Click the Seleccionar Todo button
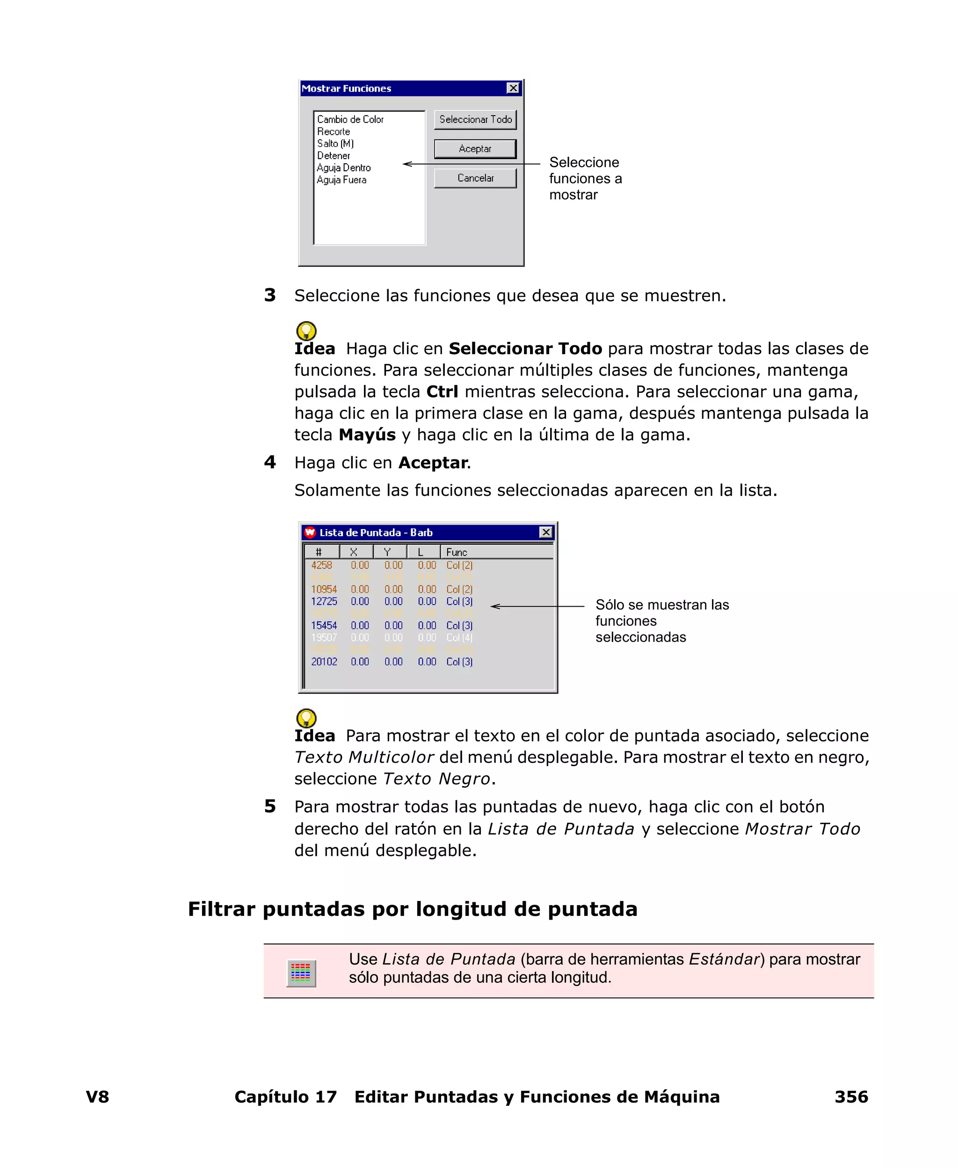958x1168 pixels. [x=475, y=120]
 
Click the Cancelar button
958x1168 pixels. [x=475, y=178]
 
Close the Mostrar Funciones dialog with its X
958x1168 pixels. [x=513, y=88]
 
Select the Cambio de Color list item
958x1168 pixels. [x=350, y=120]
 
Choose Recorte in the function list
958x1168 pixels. [x=334, y=132]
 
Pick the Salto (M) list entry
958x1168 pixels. [x=335, y=144]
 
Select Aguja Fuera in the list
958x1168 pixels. [x=341, y=180]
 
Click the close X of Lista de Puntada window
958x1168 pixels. [x=546, y=532]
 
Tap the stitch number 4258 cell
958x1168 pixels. [x=321, y=565]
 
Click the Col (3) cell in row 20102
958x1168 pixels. [x=459, y=661]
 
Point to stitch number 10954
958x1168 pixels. [x=323, y=589]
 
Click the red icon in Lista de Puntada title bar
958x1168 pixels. [x=310, y=532]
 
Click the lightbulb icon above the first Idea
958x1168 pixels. [x=306, y=331]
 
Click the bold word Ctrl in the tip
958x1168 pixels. [x=442, y=392]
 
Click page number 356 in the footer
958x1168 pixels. [x=851, y=1097]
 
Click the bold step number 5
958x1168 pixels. [x=270, y=806]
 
